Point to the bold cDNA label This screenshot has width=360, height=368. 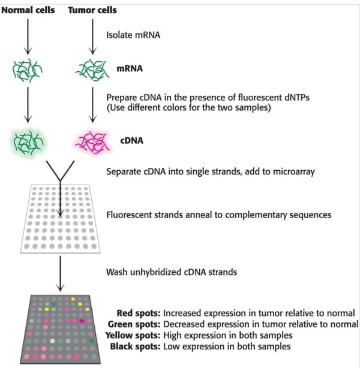click(x=130, y=141)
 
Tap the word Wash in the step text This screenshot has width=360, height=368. click(x=116, y=272)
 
